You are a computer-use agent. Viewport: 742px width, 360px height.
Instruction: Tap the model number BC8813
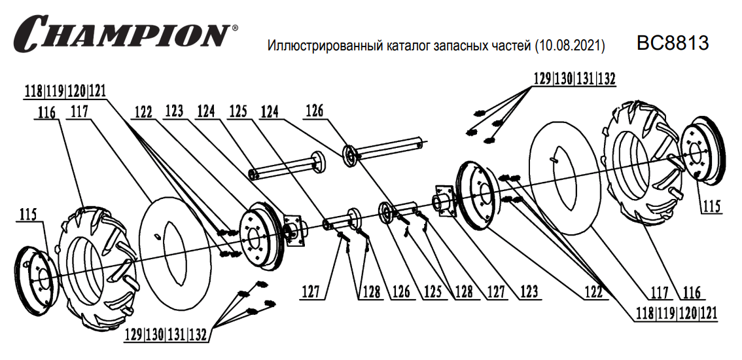(x=673, y=43)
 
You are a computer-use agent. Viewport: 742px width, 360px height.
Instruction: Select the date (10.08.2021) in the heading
(x=569, y=46)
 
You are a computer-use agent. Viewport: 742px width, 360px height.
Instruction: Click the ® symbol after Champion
(x=235, y=29)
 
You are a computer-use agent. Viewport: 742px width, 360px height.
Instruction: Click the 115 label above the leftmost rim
(x=28, y=214)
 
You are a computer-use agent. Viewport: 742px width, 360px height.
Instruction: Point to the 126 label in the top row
(x=315, y=112)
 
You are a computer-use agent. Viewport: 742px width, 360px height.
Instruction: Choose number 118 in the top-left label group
(x=35, y=92)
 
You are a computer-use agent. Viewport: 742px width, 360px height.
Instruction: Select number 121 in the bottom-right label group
(x=708, y=313)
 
